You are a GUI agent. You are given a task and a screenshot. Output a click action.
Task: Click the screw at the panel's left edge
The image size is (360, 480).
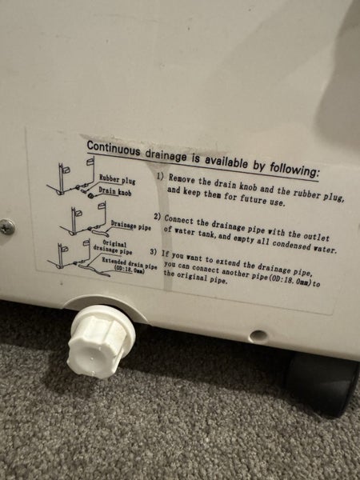point(6,226)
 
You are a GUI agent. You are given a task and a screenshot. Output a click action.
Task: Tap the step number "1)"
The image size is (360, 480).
point(161,177)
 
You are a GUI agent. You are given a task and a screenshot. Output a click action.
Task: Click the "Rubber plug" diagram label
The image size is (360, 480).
point(117,181)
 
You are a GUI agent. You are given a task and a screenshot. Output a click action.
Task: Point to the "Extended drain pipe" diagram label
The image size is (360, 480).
point(122,262)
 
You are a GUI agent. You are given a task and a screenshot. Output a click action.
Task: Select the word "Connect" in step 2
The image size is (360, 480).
point(180,218)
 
